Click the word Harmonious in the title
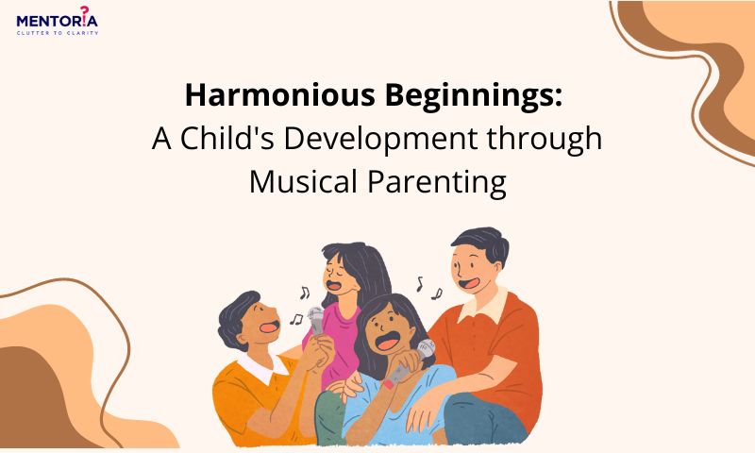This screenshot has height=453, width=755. pyautogui.click(x=279, y=94)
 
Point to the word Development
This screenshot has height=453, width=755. pyautogui.click(x=380, y=140)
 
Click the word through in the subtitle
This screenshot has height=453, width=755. pyautogui.click(x=545, y=140)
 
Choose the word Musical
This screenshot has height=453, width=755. pyautogui.click(x=303, y=182)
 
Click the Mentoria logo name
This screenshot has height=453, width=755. pyautogui.click(x=57, y=21)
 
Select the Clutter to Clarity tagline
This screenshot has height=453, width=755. pyautogui.click(x=58, y=33)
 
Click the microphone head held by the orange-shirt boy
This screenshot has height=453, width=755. pyautogui.click(x=316, y=316)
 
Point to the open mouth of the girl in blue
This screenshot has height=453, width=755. pyautogui.click(x=387, y=342)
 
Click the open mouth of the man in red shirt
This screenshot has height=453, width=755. pyautogui.click(x=468, y=282)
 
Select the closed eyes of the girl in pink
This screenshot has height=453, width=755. pyautogui.click(x=337, y=270)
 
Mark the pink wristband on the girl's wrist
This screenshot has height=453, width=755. pyautogui.click(x=388, y=384)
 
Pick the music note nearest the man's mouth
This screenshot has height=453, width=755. pyautogui.click(x=437, y=294)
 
